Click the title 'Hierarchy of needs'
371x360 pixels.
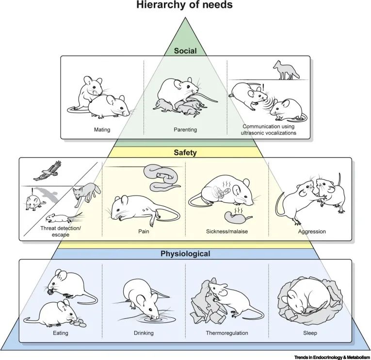click(x=185, y=6)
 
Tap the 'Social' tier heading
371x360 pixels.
click(x=185, y=50)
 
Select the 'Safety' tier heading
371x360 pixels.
click(x=185, y=151)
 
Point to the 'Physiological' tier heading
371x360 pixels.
click(x=185, y=253)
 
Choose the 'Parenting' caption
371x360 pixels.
click(x=185, y=130)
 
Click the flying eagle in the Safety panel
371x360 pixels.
click(x=50, y=171)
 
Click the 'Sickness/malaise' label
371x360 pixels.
click(x=226, y=231)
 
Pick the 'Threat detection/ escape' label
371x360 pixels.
click(x=61, y=231)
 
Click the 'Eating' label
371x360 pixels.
click(x=61, y=333)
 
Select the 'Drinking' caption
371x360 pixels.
click(x=144, y=333)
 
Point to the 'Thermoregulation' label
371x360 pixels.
click(x=226, y=333)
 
